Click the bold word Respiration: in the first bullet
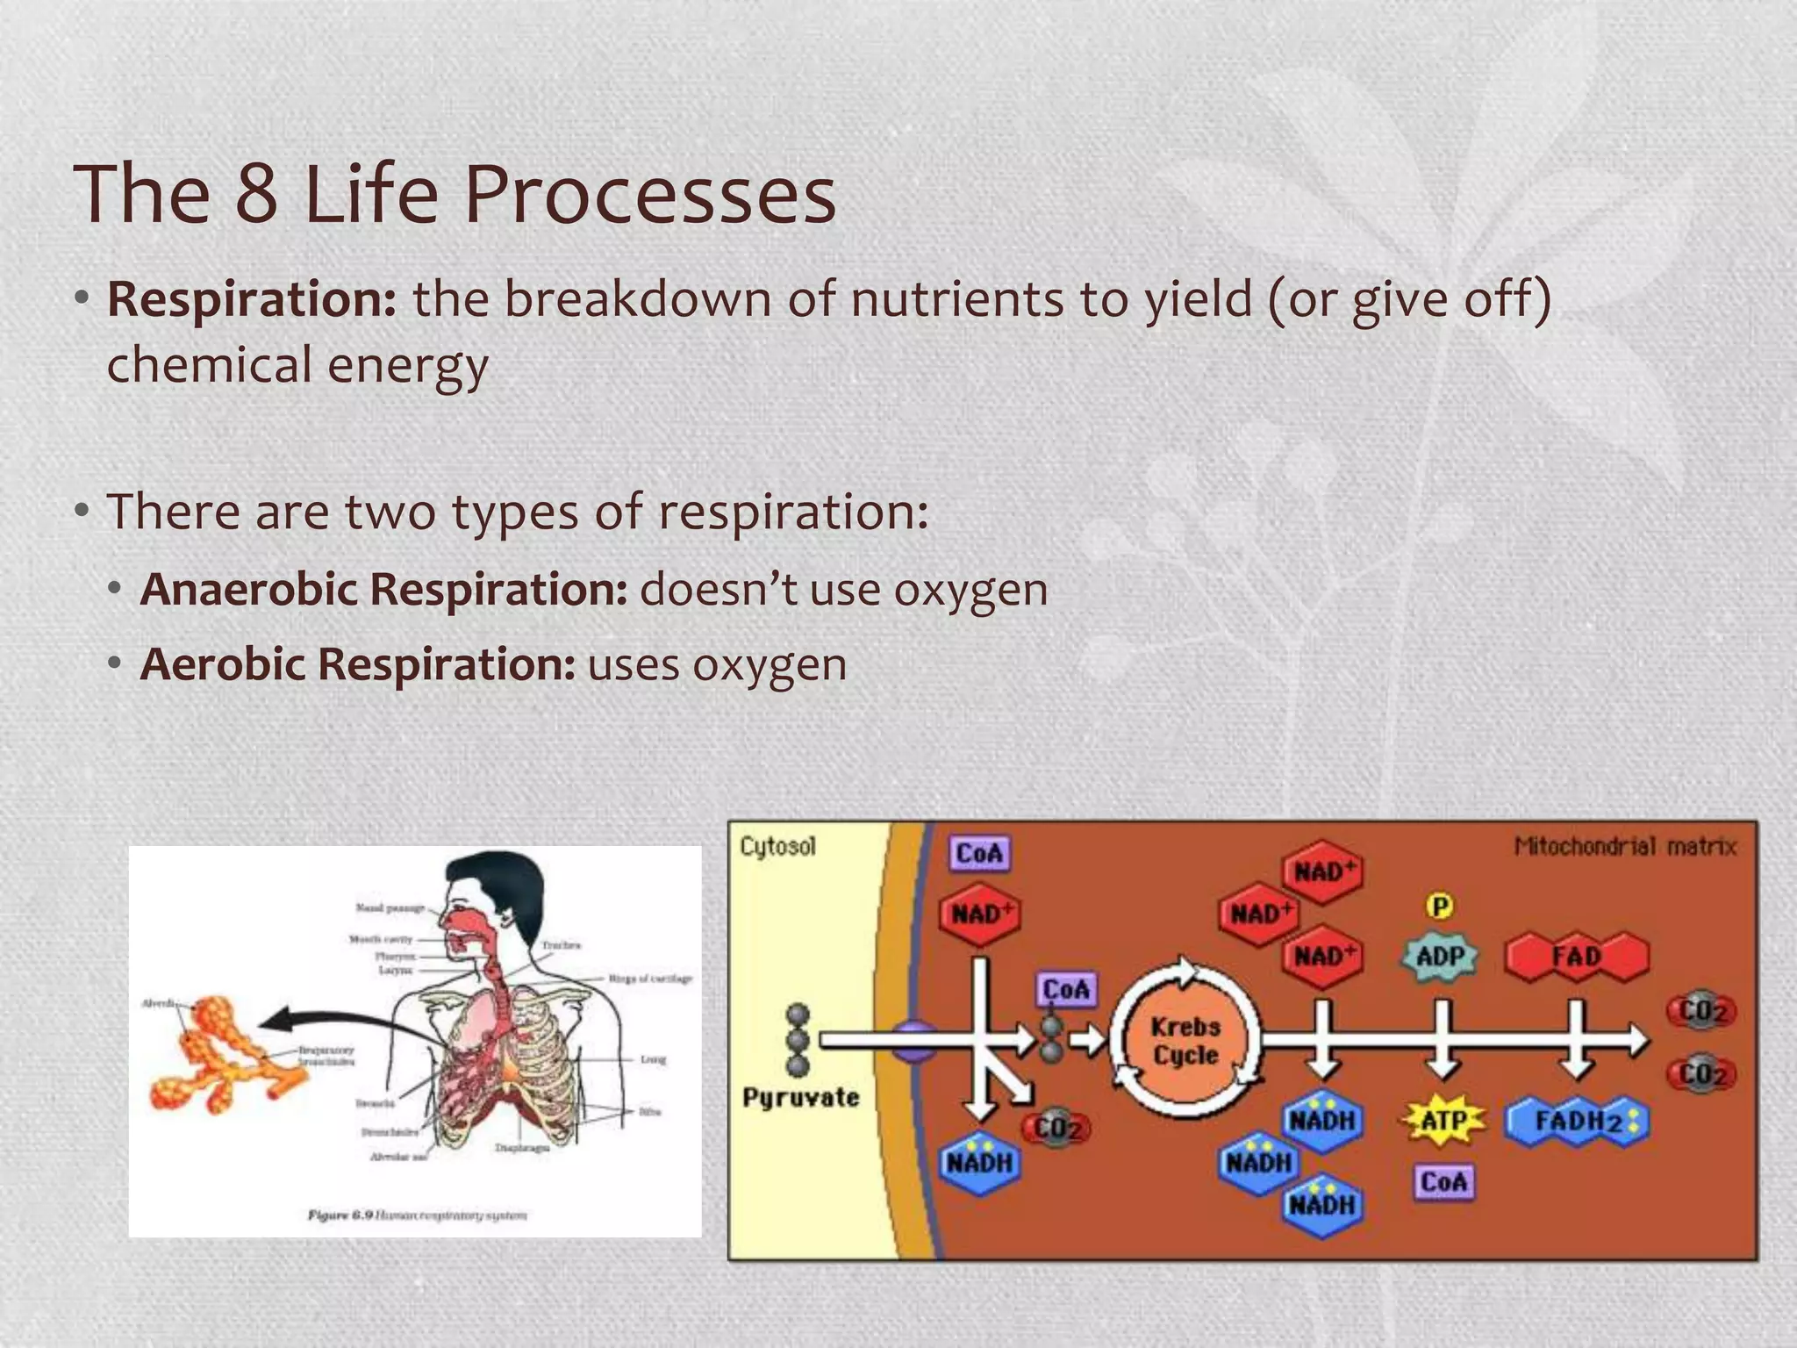coord(252,299)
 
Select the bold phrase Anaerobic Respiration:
coord(383,589)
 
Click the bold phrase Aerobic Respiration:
coord(357,664)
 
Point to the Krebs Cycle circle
coord(1185,1041)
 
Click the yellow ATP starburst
coord(1443,1121)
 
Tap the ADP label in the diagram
coord(1441,956)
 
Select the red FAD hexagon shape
coord(1577,956)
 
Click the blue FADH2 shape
coord(1577,1122)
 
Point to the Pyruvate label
coord(800,1098)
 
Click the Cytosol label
coord(777,846)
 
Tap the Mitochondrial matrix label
coord(1625,846)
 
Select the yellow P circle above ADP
coord(1440,906)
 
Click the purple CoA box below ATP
coord(1443,1182)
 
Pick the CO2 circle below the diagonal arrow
coord(1057,1128)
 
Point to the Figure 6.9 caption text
coord(418,1215)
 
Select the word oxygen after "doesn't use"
coord(970,590)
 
